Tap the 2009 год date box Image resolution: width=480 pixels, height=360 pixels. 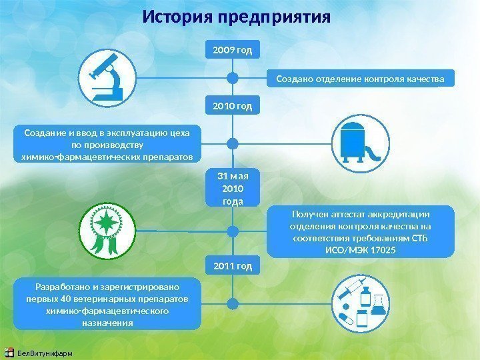coord(233,50)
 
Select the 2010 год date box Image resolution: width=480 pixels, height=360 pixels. coord(233,106)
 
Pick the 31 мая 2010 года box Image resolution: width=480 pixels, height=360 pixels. coord(233,189)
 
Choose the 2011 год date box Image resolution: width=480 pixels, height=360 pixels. coord(233,267)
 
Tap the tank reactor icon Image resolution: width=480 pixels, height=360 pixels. coord(360,142)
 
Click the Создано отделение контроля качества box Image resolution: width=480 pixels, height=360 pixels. coord(360,79)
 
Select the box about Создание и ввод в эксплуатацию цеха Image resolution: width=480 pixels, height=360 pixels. coord(107,145)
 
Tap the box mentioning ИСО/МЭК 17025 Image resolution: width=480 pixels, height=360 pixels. coord(360,231)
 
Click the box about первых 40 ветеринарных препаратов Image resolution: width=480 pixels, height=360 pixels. coord(107,305)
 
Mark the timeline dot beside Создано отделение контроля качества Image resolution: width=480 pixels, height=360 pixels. coord(233,79)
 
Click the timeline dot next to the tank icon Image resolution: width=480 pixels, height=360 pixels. coord(233,143)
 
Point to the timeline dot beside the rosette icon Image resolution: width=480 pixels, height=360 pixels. coord(233,231)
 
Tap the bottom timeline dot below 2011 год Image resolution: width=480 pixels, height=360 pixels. coord(233,303)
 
